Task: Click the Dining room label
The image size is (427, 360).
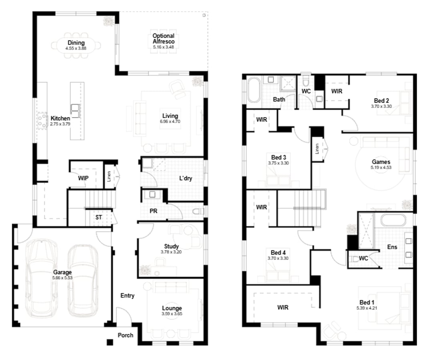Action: coord(76,43)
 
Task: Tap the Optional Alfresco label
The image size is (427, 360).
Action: coord(163,39)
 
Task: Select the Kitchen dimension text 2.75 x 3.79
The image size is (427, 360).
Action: coord(60,124)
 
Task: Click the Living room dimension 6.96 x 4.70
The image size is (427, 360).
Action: coord(170,121)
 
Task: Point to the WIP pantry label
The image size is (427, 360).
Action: coord(83,178)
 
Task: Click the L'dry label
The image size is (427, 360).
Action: coord(185,178)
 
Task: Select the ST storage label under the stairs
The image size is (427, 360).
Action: coord(98,218)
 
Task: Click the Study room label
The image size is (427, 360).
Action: coord(171,246)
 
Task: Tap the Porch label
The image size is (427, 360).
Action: coord(125,335)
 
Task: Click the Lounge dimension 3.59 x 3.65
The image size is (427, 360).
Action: coord(172,313)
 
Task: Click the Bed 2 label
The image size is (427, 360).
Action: coord(381,101)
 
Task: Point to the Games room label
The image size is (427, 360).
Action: coord(381,162)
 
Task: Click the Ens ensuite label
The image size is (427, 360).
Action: coord(392,247)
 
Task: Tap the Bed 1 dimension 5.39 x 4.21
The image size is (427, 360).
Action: coord(367,308)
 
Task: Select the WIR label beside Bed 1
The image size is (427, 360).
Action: coord(283,307)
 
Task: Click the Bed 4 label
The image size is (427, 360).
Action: coord(278,253)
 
